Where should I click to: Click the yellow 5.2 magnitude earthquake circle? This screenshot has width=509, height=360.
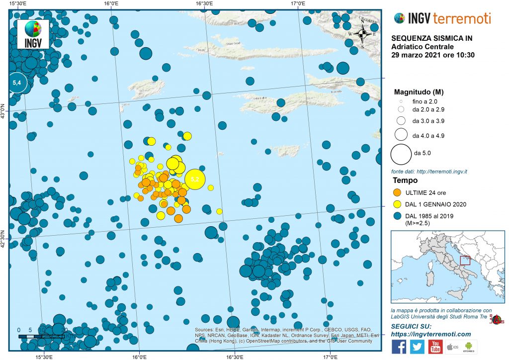tap(194, 179)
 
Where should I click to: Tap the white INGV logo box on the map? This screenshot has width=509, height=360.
tap(33, 34)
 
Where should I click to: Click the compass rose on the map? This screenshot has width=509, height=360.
tap(362, 34)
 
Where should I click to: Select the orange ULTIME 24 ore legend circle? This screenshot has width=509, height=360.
tap(397, 191)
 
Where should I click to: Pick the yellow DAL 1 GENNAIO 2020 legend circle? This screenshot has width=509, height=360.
tap(397, 203)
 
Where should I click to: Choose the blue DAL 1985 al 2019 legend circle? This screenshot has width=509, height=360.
tap(397, 216)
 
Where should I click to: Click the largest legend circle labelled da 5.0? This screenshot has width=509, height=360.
tap(401, 154)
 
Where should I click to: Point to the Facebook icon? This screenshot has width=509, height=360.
tap(399, 346)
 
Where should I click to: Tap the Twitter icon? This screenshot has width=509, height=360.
tap(417, 346)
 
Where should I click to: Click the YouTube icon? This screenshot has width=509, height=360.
tap(435, 346)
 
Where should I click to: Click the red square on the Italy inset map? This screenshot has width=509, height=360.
tap(465, 261)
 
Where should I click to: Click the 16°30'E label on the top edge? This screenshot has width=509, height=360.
tap(204, 3)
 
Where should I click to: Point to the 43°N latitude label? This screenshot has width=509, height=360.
tap(3, 111)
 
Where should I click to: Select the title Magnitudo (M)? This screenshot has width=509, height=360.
tap(419, 92)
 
